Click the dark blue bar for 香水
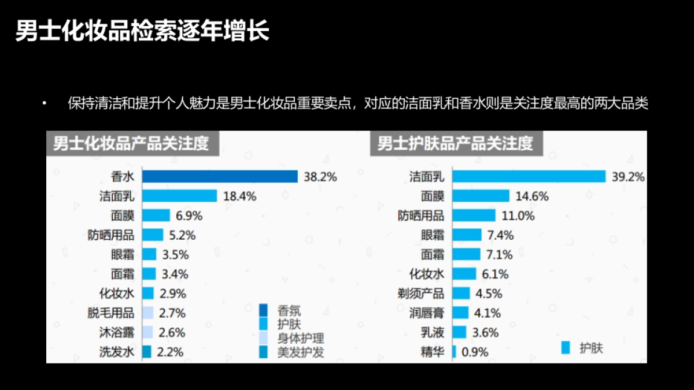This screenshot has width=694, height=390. [220, 177]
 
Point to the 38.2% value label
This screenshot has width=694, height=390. [320, 177]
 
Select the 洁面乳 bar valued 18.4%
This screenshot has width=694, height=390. [179, 196]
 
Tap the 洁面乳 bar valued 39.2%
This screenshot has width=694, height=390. [529, 177]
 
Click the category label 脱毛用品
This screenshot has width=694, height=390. [111, 313]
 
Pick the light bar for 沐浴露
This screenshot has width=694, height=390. [147, 332]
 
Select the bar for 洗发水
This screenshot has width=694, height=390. [147, 351]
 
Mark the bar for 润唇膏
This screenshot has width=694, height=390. [460, 313]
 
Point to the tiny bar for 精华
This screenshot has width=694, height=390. [455, 351]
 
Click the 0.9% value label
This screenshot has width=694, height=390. [475, 352]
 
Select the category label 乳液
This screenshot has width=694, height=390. [433, 332]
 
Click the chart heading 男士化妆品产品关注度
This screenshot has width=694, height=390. [131, 143]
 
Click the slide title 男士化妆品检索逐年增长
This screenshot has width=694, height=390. [142, 32]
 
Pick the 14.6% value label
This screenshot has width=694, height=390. [532, 196]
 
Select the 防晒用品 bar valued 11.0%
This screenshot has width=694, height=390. [474, 216]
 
